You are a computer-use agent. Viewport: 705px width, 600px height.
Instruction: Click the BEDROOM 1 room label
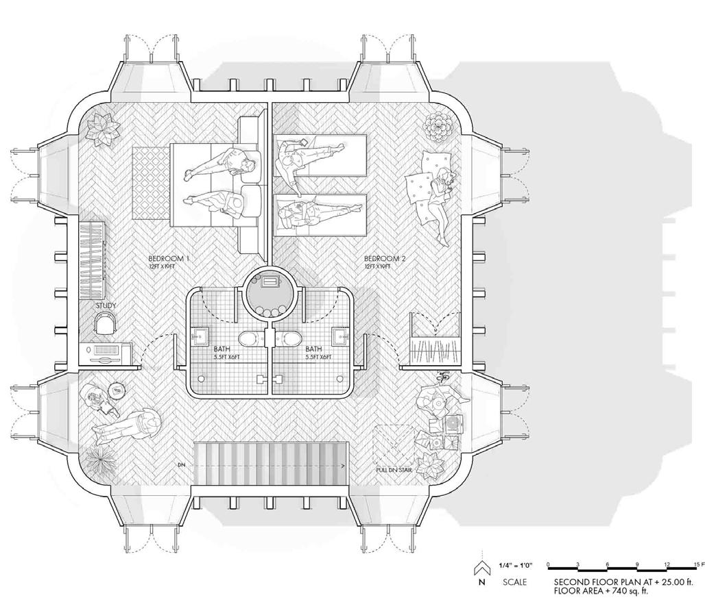[x=169, y=259]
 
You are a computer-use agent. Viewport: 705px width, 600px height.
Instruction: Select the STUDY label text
[x=106, y=305]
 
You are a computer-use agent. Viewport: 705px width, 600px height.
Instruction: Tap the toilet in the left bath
[x=248, y=338]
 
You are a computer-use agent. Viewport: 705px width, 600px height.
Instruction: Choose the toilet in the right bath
[x=291, y=338]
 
